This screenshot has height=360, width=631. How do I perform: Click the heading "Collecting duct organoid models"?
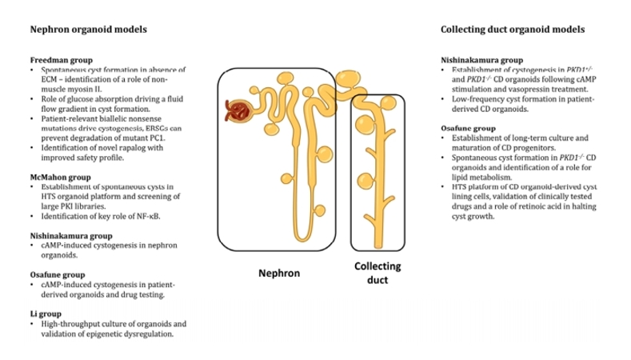[513, 29]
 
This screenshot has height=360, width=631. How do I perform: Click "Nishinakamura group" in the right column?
[481, 60]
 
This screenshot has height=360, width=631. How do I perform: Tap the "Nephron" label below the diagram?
[278, 274]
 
